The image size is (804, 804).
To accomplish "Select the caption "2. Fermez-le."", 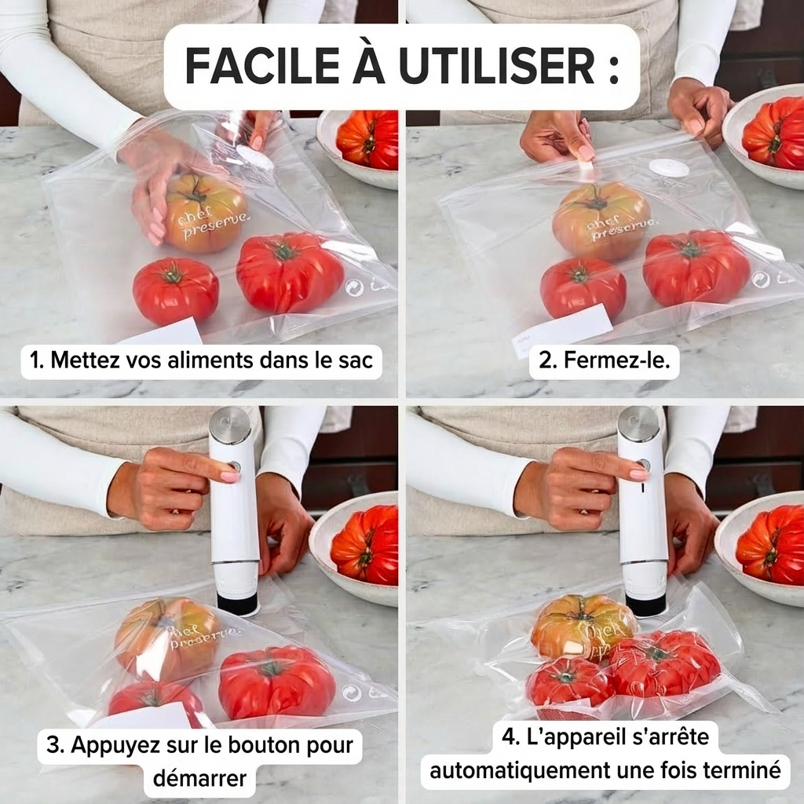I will [604, 361].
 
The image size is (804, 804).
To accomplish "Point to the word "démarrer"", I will [199, 779].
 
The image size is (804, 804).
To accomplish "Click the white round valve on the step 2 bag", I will [668, 167].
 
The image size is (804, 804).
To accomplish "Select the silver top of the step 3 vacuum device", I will [229, 425].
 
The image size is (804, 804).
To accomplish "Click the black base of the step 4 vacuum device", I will [645, 605].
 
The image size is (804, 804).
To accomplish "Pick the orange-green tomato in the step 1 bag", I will [206, 212].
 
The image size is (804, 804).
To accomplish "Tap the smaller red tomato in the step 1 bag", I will [175, 291].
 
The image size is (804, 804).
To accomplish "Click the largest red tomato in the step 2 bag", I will [696, 267].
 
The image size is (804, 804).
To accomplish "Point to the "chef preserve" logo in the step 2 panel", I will [619, 225].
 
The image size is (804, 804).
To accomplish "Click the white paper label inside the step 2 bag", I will [562, 329].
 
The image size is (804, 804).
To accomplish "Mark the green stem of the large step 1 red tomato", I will [284, 251].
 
